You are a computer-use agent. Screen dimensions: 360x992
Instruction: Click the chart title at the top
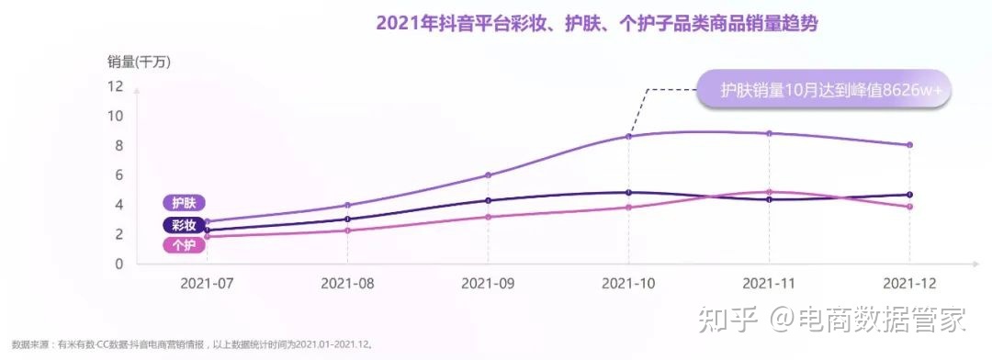coord(596,24)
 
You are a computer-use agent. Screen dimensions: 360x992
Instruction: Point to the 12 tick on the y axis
coord(115,86)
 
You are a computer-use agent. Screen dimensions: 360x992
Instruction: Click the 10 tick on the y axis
coord(115,116)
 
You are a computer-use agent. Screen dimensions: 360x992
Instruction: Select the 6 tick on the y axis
coord(118,175)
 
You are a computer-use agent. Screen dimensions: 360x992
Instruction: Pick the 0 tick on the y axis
coord(118,264)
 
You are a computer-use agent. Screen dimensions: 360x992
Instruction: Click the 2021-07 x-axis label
coord(208,284)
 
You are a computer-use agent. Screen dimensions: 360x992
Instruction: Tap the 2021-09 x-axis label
coord(488,284)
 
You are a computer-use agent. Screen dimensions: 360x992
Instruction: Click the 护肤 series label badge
coord(184,203)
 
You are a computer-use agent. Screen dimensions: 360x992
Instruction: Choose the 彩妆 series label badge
coord(184,225)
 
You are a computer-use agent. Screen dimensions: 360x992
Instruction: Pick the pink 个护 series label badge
coord(184,245)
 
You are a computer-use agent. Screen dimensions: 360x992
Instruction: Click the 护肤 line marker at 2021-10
coord(628,136)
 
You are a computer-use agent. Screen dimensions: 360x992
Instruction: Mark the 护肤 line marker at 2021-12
coord(909,145)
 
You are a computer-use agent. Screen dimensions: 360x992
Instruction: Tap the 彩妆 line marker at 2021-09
coord(488,200)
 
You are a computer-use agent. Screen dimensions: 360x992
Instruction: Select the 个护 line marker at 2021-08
coord(347,231)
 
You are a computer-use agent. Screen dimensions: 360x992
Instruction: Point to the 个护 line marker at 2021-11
coord(769,192)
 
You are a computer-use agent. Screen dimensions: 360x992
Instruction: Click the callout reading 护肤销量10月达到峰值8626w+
coord(824,90)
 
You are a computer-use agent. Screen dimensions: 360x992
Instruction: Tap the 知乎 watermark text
coord(727,321)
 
